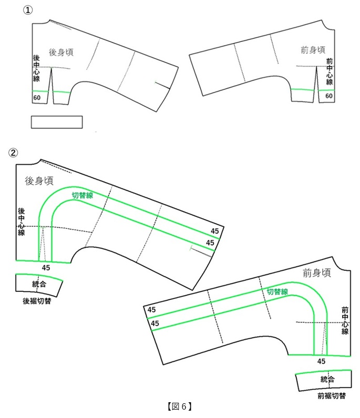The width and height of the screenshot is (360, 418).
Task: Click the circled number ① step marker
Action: click(28, 10)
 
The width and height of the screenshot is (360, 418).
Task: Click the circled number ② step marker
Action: click(13, 153)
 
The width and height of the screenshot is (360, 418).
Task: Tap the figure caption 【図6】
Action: click(180, 406)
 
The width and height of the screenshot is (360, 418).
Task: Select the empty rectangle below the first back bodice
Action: click(57, 122)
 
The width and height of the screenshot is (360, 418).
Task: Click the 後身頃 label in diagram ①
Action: click(61, 53)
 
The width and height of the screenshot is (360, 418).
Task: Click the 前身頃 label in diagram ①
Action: click(313, 50)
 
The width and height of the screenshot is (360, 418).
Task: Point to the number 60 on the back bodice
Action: click(37, 98)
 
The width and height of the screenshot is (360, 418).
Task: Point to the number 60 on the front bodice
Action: click(329, 96)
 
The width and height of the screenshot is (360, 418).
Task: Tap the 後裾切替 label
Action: click(37, 301)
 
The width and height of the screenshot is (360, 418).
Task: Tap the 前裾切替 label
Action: click(332, 396)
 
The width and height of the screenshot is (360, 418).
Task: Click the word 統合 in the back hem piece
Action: click(39, 284)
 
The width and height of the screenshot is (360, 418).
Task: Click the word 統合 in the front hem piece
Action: click(327, 379)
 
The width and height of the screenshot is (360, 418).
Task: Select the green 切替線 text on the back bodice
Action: click(83, 195)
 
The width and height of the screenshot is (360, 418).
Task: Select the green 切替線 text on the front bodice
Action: click(277, 291)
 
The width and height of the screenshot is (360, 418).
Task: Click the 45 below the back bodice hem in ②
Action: click(46, 268)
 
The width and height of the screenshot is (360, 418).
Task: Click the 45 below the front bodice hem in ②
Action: click(321, 361)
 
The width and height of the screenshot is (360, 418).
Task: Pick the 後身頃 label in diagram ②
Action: click(39, 181)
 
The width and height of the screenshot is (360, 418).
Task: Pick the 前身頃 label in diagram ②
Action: click(317, 273)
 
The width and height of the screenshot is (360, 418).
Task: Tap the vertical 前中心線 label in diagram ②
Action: click(345, 321)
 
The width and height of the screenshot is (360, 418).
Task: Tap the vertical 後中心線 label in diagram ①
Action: click(36, 68)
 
